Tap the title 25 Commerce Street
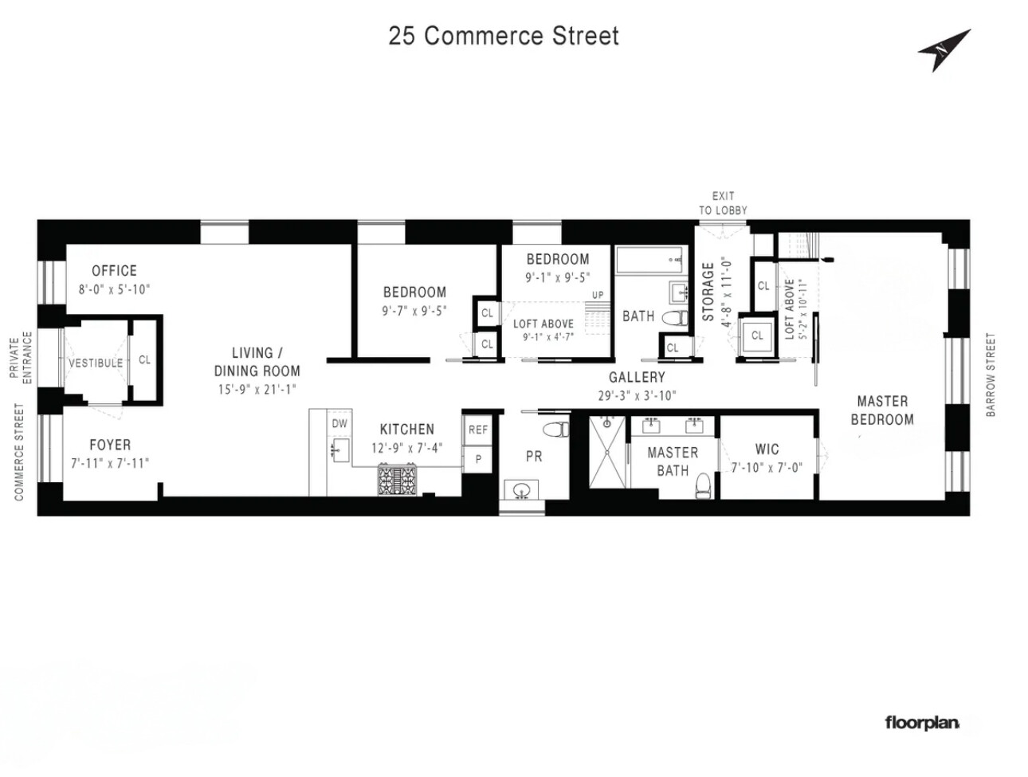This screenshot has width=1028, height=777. [504, 36]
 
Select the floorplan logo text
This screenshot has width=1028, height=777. [922, 723]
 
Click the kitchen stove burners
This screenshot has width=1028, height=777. [398, 481]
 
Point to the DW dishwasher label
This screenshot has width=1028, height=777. [339, 424]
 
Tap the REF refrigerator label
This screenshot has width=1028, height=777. [478, 430]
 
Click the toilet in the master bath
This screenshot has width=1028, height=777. [702, 485]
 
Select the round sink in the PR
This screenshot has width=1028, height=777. [523, 489]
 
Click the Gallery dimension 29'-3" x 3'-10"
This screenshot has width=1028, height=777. [637, 395]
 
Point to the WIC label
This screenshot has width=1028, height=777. [767, 449]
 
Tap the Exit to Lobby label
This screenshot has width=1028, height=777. [723, 203]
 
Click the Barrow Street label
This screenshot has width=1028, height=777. [991, 375]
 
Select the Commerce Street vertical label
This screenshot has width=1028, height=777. [19, 452]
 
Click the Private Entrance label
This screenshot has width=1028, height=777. [21, 359]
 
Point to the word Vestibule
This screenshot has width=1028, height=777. [96, 363]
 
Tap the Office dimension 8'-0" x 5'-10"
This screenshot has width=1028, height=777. [114, 290]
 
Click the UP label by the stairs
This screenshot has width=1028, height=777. [598, 295]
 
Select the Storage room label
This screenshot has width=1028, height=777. [708, 292]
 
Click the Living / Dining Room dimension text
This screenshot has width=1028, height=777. [257, 390]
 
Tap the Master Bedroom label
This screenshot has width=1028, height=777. [882, 410]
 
